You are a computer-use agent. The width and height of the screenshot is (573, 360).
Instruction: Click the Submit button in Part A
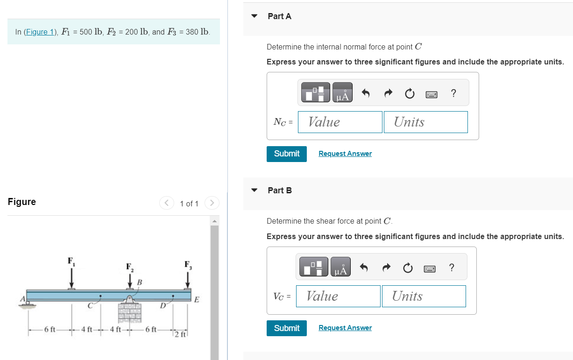(286, 154)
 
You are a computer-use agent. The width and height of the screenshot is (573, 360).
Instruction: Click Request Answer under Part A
(345, 154)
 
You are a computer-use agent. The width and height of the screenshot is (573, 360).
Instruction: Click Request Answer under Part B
(345, 328)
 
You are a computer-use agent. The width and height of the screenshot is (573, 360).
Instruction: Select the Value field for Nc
(340, 122)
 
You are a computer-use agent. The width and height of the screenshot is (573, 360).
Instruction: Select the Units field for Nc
(425, 122)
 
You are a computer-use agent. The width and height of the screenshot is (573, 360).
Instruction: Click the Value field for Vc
(338, 296)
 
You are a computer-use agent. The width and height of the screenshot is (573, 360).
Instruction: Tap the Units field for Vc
(424, 296)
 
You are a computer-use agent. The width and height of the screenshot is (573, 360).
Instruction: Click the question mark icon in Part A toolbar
(453, 93)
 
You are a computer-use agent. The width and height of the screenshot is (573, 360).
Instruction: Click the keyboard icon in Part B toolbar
(430, 268)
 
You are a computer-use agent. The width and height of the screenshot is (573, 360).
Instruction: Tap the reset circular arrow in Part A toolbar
(410, 94)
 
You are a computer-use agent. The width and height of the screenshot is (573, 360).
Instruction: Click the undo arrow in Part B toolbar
(364, 268)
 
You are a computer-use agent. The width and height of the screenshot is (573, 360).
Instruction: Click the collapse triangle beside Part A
(255, 16)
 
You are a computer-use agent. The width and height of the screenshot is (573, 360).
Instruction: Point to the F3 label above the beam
(187, 265)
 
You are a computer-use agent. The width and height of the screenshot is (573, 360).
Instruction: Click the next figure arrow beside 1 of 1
(212, 203)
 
